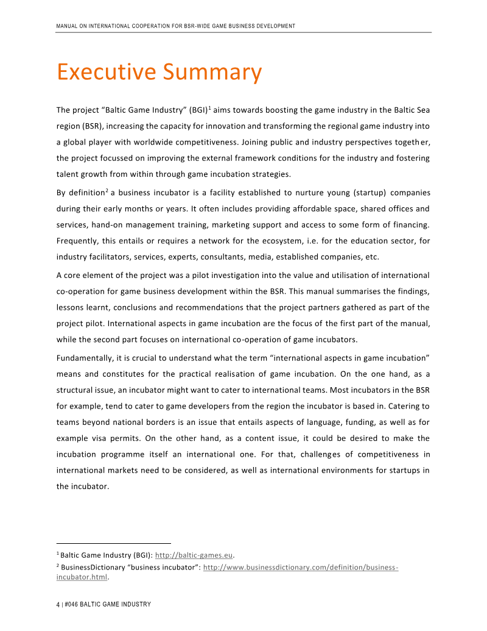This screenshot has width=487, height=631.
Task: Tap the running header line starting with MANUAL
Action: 175,26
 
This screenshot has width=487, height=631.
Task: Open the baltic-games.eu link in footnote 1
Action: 195,555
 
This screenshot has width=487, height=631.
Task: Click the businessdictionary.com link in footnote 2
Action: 300,567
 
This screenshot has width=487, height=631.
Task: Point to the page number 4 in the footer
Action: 58,604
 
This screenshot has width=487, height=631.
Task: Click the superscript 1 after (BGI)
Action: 209,108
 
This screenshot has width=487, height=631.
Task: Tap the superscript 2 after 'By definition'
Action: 107,191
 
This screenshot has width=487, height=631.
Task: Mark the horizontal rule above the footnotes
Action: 114,543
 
